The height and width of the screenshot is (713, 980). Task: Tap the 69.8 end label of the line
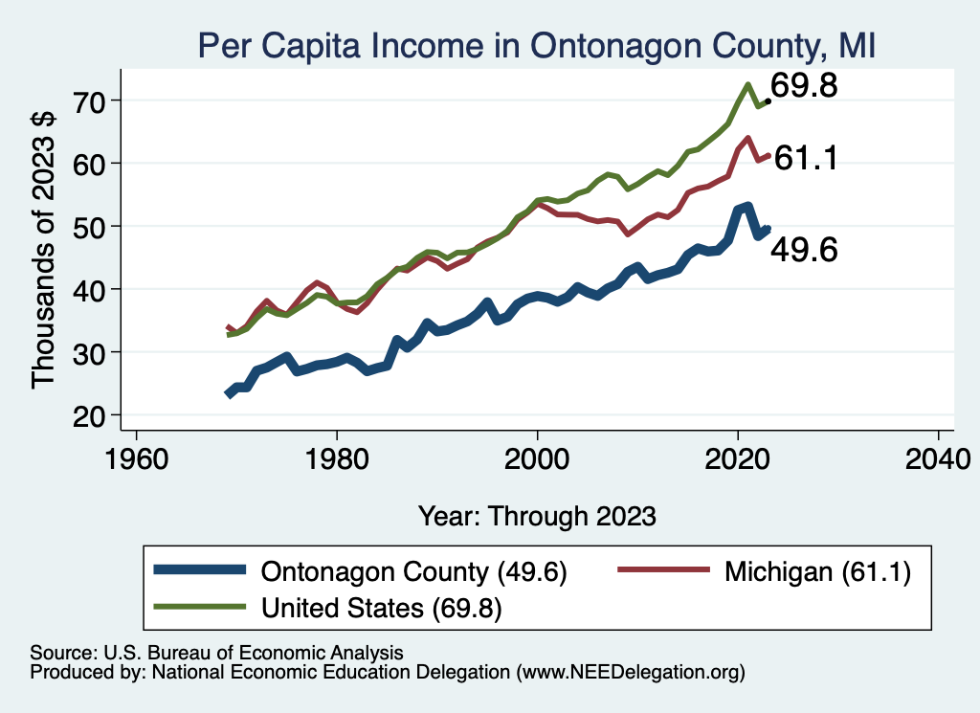(x=804, y=86)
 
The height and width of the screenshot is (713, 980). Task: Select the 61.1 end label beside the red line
(x=806, y=158)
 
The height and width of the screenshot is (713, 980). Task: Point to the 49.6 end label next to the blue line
(x=804, y=251)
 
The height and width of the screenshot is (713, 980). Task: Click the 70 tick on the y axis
(x=92, y=100)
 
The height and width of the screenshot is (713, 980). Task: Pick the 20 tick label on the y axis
(x=92, y=415)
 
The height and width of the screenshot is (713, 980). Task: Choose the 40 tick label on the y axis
(x=92, y=289)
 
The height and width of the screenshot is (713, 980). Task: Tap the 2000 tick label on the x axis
(x=538, y=458)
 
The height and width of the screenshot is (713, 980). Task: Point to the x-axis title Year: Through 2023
(x=537, y=516)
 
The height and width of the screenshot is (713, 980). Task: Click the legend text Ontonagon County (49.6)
(x=413, y=572)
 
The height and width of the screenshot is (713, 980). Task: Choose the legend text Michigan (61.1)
(x=816, y=572)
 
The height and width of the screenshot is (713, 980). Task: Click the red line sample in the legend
(x=662, y=572)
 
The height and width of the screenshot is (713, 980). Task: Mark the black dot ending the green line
(x=768, y=100)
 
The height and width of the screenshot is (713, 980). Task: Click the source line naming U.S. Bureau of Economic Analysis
(x=216, y=652)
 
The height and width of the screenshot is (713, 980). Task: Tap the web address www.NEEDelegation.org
(x=631, y=672)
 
